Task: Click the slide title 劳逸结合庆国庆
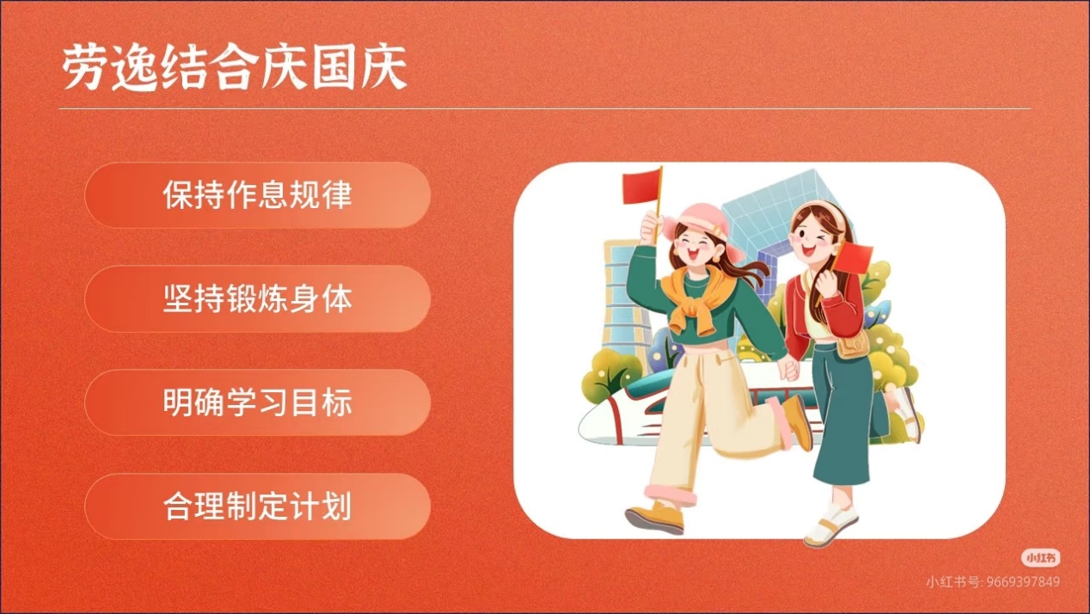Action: [234, 67]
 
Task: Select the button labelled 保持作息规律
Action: [257, 195]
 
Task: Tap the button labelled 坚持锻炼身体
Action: [257, 299]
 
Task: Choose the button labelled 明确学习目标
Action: [257, 402]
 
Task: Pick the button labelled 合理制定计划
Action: [257, 507]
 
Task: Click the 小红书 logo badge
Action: [1040, 558]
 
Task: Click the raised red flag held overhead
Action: [642, 187]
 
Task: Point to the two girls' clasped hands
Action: [789, 368]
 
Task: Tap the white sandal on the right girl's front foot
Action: [830, 525]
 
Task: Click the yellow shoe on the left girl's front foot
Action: [655, 518]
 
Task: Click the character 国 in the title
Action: [334, 67]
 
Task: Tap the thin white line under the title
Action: [545, 108]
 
